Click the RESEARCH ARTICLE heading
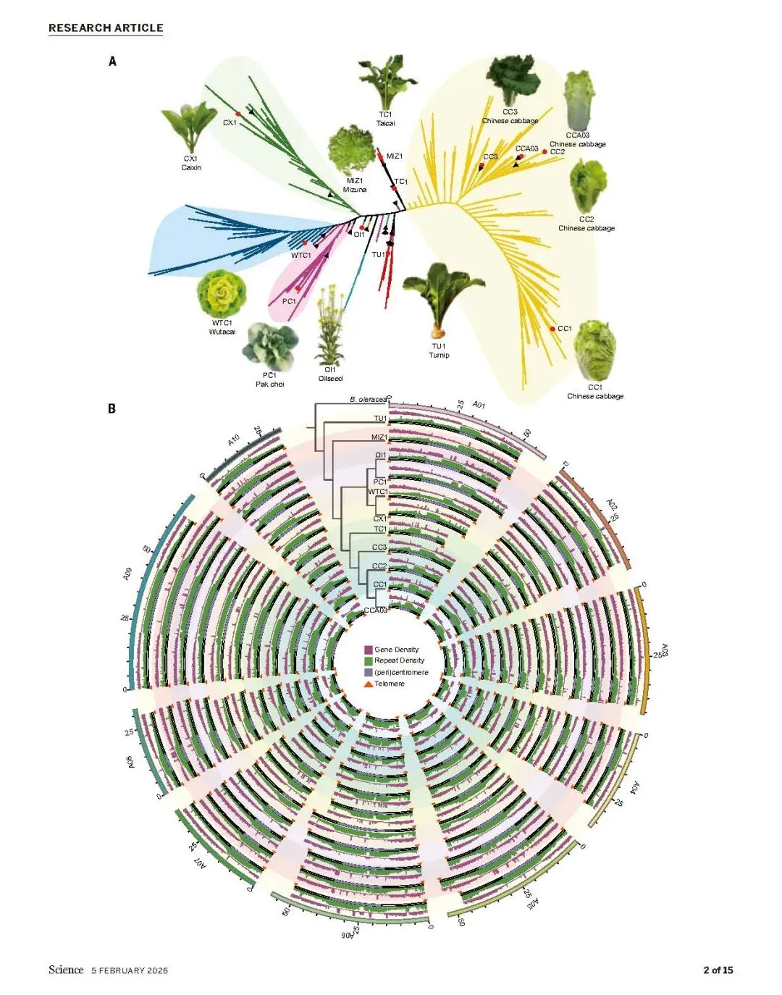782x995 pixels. [x=106, y=28]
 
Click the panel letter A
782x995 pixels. [x=112, y=62]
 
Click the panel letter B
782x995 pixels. [x=112, y=408]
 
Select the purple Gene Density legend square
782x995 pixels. [x=369, y=650]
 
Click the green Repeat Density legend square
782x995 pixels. [x=369, y=660]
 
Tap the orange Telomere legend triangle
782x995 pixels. [x=369, y=684]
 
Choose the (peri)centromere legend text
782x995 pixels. [x=401, y=672]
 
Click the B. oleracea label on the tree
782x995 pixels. [x=368, y=400]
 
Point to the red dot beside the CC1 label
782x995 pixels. [x=552, y=329]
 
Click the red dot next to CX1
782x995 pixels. [x=237, y=114]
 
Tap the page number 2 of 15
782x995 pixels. [x=718, y=970]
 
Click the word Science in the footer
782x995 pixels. [x=66, y=970]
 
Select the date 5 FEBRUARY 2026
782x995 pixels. [x=130, y=970]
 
